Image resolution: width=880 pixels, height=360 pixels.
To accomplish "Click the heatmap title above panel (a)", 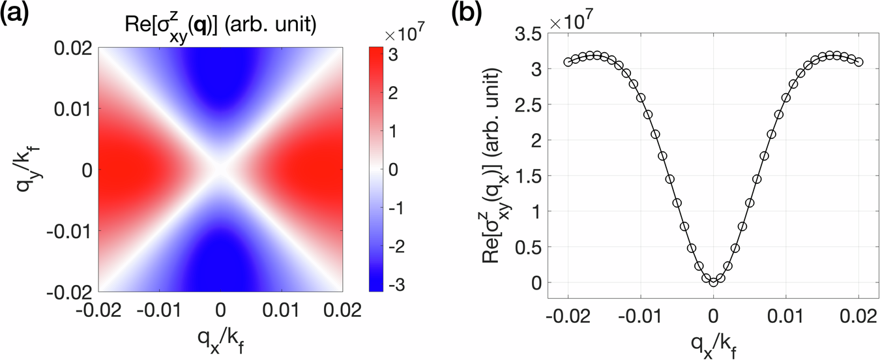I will point(222,26).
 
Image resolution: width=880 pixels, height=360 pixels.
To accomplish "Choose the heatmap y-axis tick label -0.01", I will point(73,230).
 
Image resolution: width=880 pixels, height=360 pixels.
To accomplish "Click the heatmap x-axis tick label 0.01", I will point(283,307).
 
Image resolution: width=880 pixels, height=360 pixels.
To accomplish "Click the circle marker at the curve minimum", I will point(714,282).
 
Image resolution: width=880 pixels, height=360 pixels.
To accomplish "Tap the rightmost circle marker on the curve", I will point(858,62).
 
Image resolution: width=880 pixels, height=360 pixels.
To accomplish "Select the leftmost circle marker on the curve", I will point(568,62).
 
